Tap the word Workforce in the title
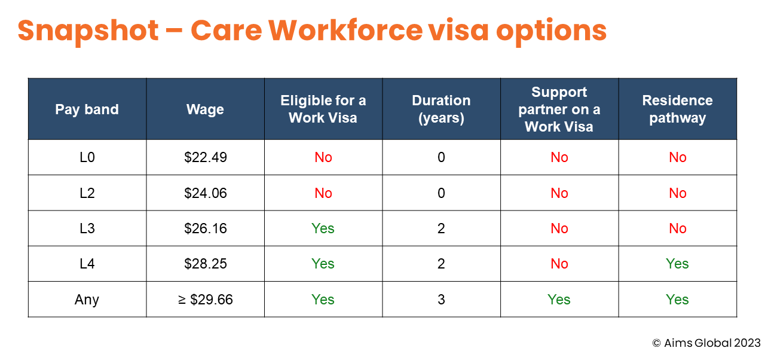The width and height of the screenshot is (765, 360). click(x=345, y=30)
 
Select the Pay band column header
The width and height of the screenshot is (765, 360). click(x=87, y=109)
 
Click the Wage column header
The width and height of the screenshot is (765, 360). click(x=205, y=109)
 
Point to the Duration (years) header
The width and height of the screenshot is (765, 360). click(x=441, y=109)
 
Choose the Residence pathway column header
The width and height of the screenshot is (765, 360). click(x=678, y=109)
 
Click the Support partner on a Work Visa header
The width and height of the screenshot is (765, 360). click(x=559, y=109)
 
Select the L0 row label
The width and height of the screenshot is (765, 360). click(x=87, y=157)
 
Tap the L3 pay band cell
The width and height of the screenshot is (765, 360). click(x=87, y=228)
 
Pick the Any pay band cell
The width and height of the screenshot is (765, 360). click(x=87, y=300)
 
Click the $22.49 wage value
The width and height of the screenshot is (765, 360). click(x=205, y=157)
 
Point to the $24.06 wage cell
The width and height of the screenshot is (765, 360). click(x=205, y=193)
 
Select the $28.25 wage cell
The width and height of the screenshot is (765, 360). click(x=205, y=264)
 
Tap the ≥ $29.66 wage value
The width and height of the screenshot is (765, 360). click(x=205, y=300)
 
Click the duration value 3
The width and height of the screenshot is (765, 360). click(x=441, y=300)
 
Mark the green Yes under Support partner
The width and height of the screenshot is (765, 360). click(x=559, y=300)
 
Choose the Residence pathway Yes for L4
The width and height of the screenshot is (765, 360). click(x=677, y=264)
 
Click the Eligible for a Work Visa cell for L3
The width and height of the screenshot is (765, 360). click(x=323, y=228)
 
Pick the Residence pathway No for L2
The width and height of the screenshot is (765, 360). click(x=678, y=193)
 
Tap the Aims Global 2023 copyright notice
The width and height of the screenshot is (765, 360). click(x=706, y=343)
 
